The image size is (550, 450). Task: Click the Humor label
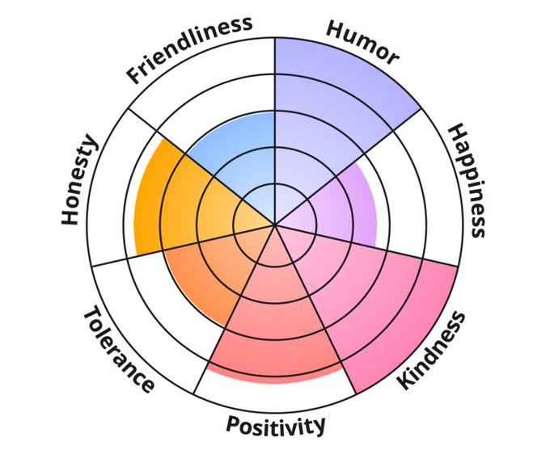pos(362,41)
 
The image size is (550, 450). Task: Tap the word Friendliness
pos(190,48)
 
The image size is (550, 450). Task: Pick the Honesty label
pos(80,180)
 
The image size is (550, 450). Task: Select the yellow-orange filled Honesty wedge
pos(174,202)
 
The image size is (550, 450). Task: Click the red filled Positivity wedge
pos(275,323)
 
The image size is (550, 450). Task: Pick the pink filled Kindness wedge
pos(356,299)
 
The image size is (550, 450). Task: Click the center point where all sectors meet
pos(275,224)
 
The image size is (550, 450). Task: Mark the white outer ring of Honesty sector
pos(113,210)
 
